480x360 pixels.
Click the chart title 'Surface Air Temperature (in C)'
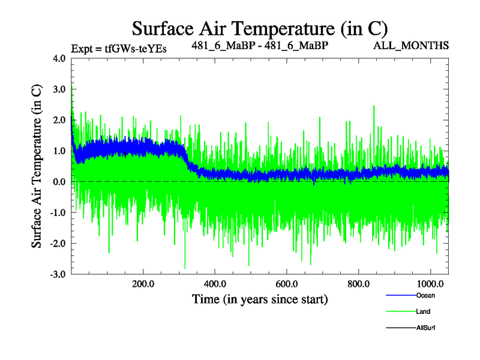pyautogui.click(x=259, y=28)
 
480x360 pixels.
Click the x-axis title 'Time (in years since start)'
pyautogui.click(x=259, y=298)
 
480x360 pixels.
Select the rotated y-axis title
pyautogui.click(x=37, y=166)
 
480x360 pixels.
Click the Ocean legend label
pyautogui.click(x=424, y=295)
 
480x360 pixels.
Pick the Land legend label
pyautogui.click(x=422, y=311)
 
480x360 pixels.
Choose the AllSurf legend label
pyautogui.click(x=425, y=328)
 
